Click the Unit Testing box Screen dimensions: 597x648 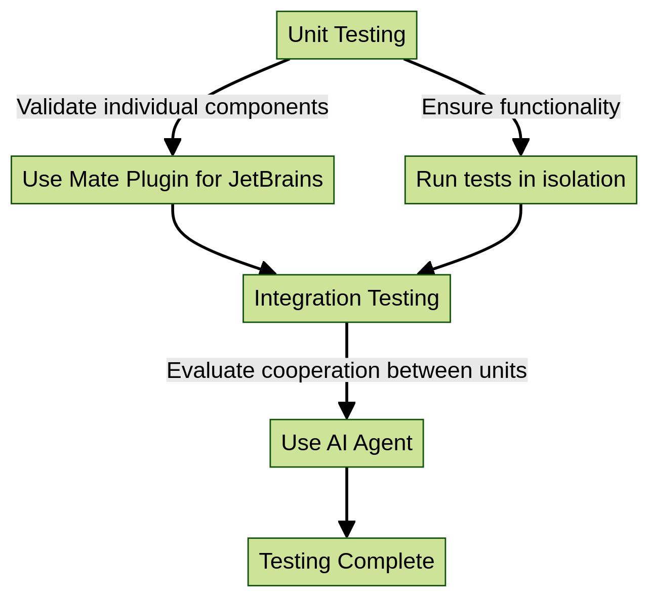346,35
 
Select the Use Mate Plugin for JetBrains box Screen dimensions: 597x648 172,180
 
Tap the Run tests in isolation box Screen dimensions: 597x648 520,180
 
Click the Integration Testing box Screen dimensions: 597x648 346,298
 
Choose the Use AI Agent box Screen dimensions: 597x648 346,443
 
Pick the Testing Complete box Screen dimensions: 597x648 346,562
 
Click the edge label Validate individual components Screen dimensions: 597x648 172,107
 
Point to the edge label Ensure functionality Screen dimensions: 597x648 520,107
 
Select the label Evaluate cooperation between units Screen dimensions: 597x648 346,370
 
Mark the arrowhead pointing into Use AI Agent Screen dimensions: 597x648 346,410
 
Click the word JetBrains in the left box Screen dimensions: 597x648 275,180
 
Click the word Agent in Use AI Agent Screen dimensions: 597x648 383,443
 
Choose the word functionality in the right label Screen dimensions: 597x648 559,107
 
